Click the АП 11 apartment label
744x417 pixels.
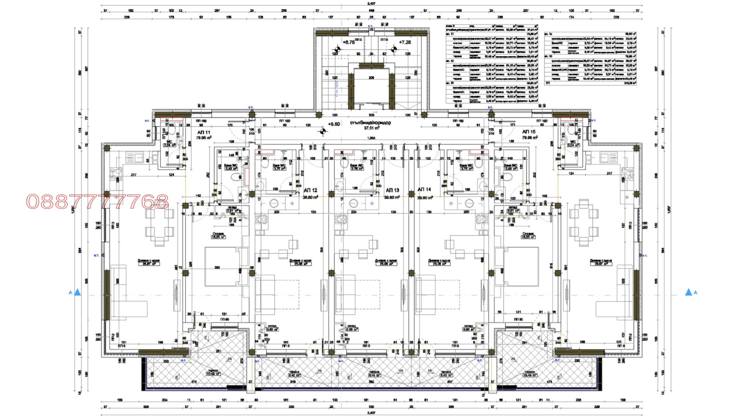point(204,132)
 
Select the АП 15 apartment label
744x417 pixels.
point(529,132)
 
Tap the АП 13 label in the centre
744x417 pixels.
point(392,190)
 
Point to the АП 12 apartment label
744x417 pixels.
point(310,191)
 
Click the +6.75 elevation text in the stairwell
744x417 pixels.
point(348,42)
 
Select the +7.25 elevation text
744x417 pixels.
point(405,42)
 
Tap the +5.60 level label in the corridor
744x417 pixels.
point(334,124)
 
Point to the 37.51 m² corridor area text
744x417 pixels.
point(371,128)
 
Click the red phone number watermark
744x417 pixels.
point(97,202)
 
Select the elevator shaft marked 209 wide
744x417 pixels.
point(371,88)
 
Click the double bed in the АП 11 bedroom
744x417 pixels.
point(223,267)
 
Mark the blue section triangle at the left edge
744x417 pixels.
point(77,292)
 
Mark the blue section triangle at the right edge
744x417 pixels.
point(689,292)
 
